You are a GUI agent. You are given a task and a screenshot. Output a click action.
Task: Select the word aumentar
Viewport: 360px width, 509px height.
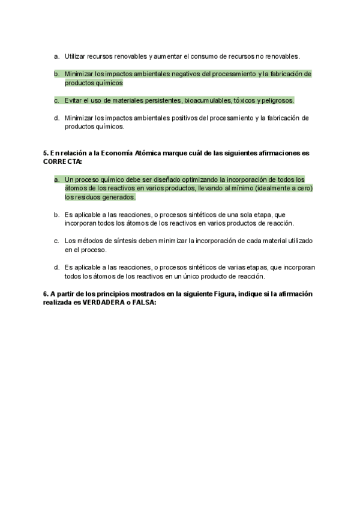tap(167, 56)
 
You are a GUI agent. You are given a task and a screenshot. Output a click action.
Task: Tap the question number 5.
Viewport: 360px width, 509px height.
tap(46, 153)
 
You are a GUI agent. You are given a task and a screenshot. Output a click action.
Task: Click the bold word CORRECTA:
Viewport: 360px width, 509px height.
tap(62, 161)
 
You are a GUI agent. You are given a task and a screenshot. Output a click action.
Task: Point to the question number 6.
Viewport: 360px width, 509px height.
tap(46, 294)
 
